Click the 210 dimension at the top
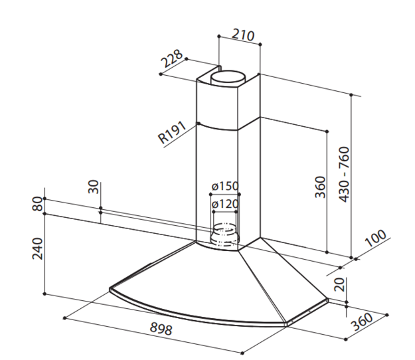tap(243, 35)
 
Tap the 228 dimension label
tap(172, 58)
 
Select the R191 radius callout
tap(172, 132)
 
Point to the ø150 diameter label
tap(225, 186)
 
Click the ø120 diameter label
tap(225, 204)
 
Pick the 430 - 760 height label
tap(345, 175)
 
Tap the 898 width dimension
tap(161, 329)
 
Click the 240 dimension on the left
tap(37, 248)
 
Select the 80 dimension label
tap(37, 204)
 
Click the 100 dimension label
tap(375, 238)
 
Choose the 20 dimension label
tap(339, 284)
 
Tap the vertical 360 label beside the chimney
tap(320, 187)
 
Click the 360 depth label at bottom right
tap(361, 321)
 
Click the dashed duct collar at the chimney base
tap(224, 234)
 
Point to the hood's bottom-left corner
tap(110, 290)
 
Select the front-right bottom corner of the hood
tap(287, 325)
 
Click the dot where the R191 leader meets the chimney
tap(199, 124)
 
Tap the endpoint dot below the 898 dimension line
tap(242, 353)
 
